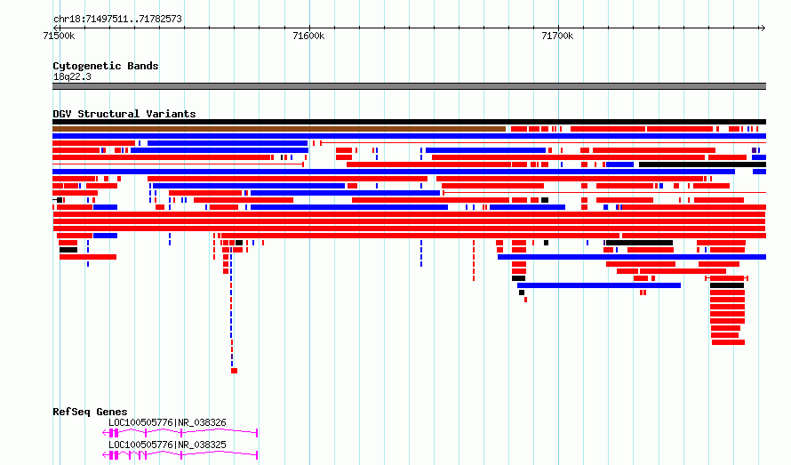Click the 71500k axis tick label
pos(59,36)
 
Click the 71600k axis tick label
pos(308,36)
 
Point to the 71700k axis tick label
pos(557,36)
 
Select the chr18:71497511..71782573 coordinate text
pos(117,20)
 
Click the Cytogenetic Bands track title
pos(106,66)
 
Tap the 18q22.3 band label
pos(72,76)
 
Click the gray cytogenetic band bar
pos(409,86)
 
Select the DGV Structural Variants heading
pos(124,114)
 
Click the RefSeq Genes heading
pos(90,412)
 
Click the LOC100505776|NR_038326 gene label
pos(167,422)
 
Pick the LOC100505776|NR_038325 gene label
pos(167,445)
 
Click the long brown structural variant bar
pos(279,129)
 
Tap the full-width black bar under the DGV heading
pos(409,122)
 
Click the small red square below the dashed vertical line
pos(234,371)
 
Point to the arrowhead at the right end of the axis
pos(763,28)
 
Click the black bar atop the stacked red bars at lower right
pos(727,285)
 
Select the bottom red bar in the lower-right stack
pos(728,342)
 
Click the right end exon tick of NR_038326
pos(257,433)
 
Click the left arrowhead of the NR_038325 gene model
pos(105,455)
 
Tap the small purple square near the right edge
pos(755,150)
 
